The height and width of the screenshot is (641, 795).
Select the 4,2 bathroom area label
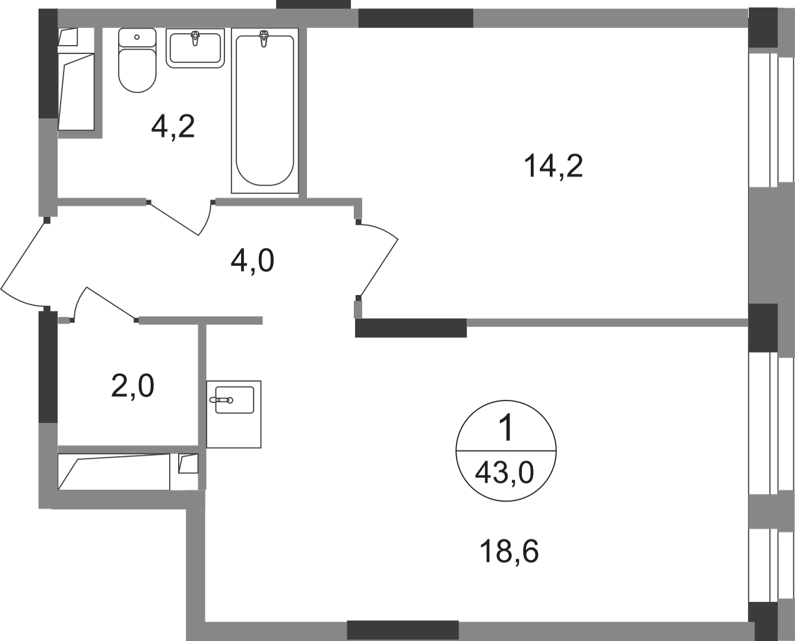click(173, 126)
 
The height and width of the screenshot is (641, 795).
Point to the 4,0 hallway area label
click(252, 261)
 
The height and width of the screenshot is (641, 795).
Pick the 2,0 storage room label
click(132, 386)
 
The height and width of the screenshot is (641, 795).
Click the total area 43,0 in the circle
click(504, 474)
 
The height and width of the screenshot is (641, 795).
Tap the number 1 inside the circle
click(507, 427)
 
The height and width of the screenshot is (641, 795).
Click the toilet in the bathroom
click(137, 60)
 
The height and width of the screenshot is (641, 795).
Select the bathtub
click(265, 111)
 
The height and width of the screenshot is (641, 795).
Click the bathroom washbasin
click(195, 48)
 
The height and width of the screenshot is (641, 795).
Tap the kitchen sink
click(234, 414)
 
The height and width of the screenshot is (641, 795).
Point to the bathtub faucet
click(264, 39)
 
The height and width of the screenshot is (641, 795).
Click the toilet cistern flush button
click(137, 37)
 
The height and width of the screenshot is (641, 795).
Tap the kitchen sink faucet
click(221, 400)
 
